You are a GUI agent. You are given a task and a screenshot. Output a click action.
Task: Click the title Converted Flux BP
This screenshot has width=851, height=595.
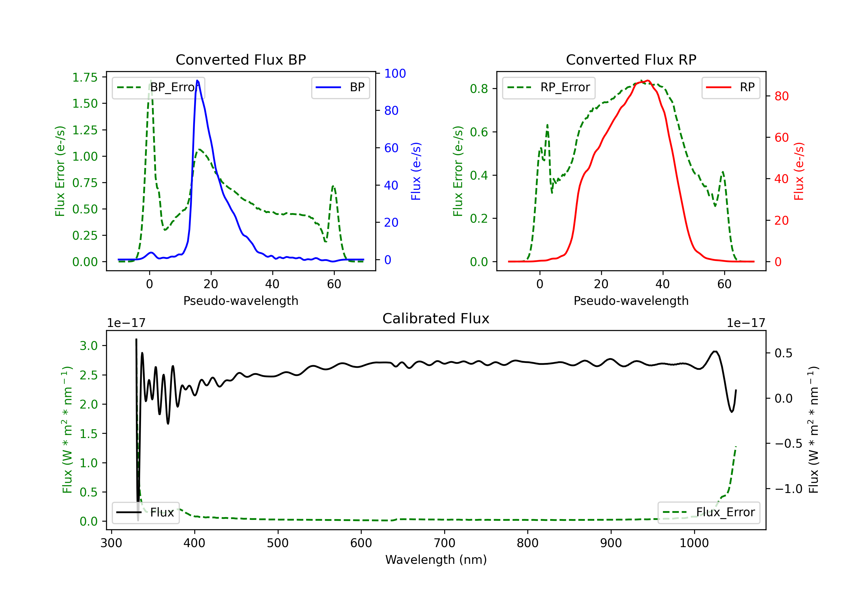pyautogui.click(x=241, y=59)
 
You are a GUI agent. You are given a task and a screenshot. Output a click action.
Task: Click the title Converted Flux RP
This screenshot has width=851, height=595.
pyautogui.click(x=631, y=59)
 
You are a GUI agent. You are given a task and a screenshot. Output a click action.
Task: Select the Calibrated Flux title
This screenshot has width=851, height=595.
pyautogui.click(x=436, y=318)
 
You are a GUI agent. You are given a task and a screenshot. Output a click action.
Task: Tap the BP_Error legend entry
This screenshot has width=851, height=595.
pyautogui.click(x=158, y=87)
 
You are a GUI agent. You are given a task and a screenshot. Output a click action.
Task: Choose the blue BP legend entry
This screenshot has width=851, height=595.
pyautogui.click(x=340, y=87)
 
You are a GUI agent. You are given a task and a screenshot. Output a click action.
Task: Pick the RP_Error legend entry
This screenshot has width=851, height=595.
pyautogui.click(x=549, y=87)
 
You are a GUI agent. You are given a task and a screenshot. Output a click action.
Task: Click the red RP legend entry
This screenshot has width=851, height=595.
pyautogui.click(x=730, y=87)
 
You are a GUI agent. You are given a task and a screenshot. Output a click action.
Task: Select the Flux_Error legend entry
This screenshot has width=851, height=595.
pyautogui.click(x=708, y=513)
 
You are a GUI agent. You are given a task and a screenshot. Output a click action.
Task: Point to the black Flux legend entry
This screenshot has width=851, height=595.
pyautogui.click(x=145, y=513)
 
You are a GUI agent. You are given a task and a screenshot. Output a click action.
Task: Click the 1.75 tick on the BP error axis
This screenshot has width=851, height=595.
pyautogui.click(x=85, y=77)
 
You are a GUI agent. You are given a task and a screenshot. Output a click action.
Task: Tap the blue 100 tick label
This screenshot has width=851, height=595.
pyautogui.click(x=395, y=73)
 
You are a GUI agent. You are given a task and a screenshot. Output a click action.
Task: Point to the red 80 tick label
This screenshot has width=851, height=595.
pyautogui.click(x=782, y=96)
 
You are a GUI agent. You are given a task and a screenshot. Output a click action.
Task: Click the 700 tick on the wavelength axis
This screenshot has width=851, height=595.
pyautogui.click(x=445, y=543)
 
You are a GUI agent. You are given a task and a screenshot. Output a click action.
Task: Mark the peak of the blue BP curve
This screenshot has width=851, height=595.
pyautogui.click(x=197, y=80)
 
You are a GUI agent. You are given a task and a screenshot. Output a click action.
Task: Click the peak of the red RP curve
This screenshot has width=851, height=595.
pyautogui.click(x=647, y=80)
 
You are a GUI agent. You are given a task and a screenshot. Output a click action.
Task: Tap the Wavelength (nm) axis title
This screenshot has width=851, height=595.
pyautogui.click(x=436, y=560)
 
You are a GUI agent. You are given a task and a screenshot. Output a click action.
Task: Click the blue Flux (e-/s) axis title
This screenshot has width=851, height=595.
pyautogui.click(x=416, y=171)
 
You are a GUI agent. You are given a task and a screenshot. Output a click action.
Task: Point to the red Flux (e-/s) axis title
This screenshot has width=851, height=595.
pyautogui.click(x=799, y=171)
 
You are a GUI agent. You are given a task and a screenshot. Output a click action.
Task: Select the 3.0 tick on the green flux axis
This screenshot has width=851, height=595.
pyautogui.click(x=89, y=346)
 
